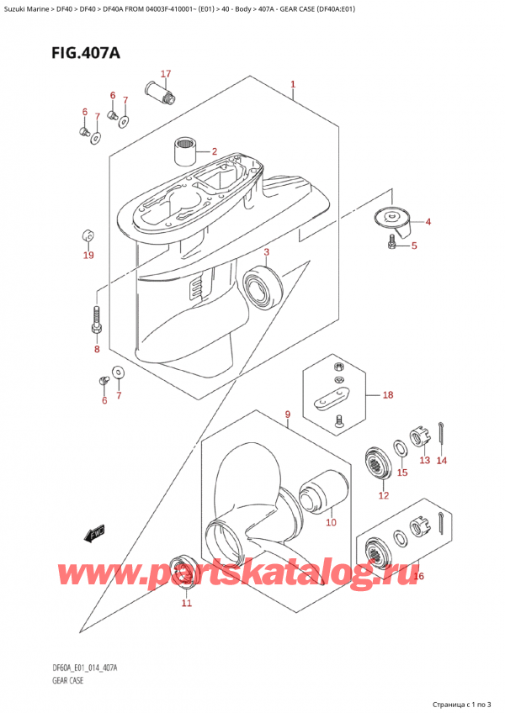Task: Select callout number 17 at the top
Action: click(x=166, y=73)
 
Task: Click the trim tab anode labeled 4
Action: click(x=391, y=220)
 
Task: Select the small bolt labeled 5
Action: click(x=392, y=243)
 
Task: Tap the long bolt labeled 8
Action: click(x=97, y=321)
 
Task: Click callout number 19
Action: click(x=88, y=255)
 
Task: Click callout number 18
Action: click(x=388, y=395)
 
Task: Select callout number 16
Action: click(x=418, y=576)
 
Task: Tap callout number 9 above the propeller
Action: click(x=287, y=415)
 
